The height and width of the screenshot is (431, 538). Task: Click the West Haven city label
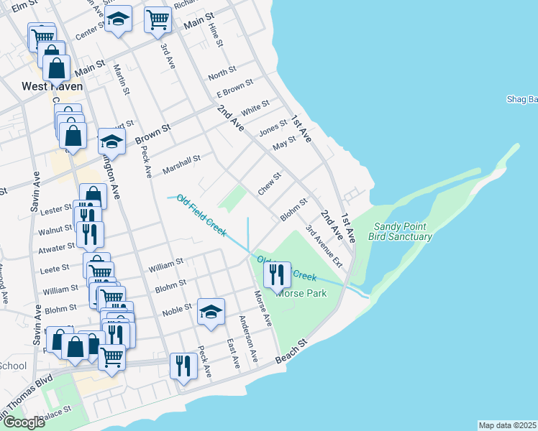[52, 86]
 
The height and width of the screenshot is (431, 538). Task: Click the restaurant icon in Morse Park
[275, 274]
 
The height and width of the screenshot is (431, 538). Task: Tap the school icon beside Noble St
[211, 312]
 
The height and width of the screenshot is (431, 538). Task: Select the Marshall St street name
[181, 163]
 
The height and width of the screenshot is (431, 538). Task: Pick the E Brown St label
[234, 88]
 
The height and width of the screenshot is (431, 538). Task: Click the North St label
[222, 73]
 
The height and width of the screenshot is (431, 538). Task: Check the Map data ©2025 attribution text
[507, 425]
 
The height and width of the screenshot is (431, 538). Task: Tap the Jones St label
[273, 130]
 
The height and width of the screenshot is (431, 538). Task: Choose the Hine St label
[214, 32]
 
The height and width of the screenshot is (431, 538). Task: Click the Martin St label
[121, 80]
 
